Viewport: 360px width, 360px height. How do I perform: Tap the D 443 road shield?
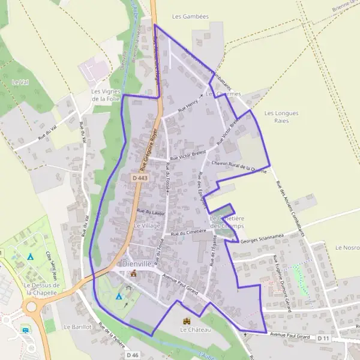139,178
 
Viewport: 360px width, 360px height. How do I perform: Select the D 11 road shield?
323,338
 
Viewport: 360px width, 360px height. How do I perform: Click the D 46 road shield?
133,355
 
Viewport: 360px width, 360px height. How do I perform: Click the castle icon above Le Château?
187,321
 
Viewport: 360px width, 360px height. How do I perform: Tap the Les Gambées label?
190,17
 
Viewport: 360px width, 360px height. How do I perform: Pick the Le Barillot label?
76,327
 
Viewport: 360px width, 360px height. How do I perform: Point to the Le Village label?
147,226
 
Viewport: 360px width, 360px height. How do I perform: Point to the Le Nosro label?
347,247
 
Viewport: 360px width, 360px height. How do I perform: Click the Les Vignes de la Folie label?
106,95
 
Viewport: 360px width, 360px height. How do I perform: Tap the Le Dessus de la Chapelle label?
41,289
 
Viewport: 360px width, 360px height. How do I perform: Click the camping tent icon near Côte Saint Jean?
30,257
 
